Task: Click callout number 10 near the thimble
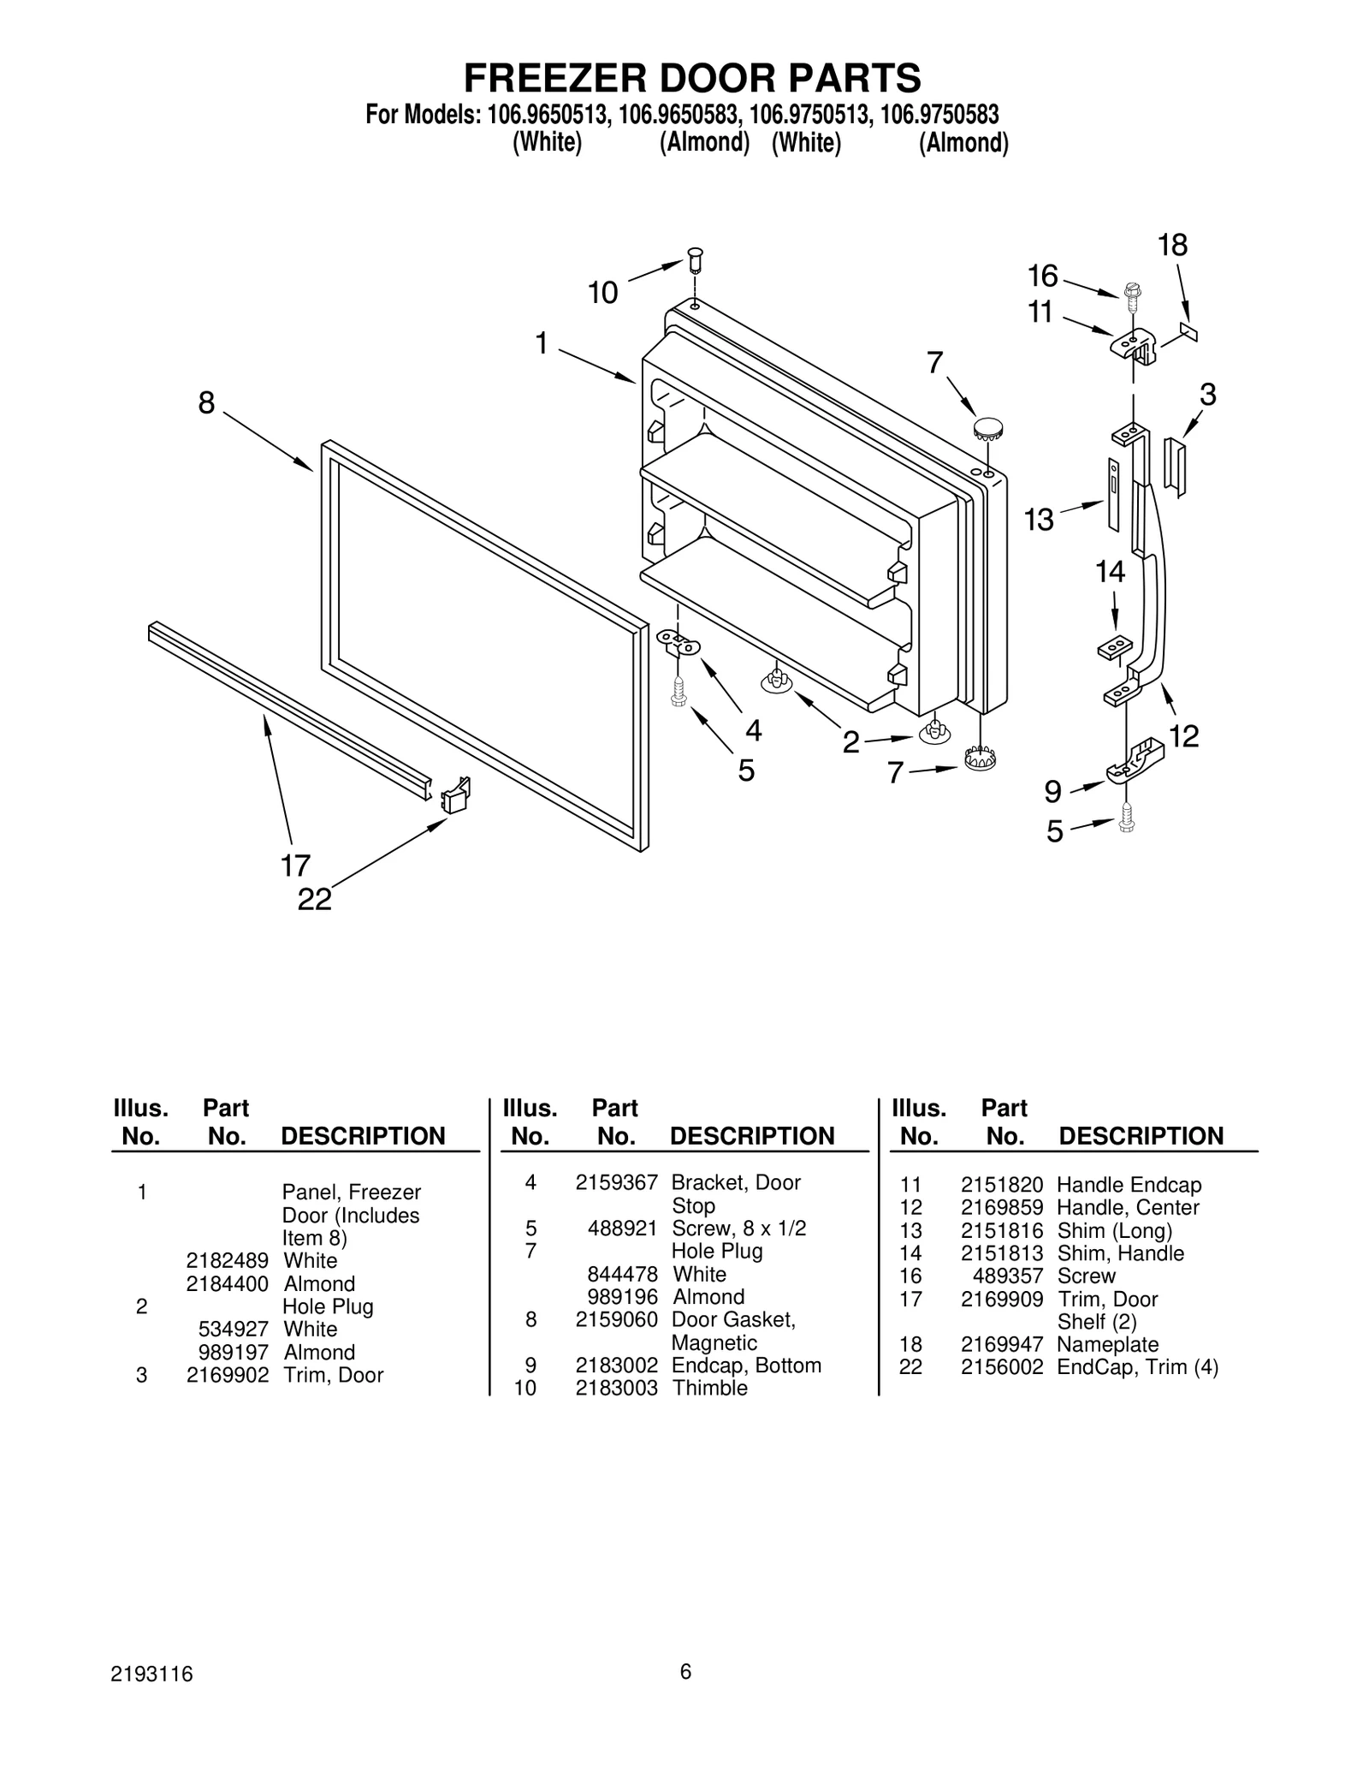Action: [x=602, y=294]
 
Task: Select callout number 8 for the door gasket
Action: [x=206, y=402]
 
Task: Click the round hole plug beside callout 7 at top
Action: [x=987, y=427]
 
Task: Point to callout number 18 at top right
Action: [x=1172, y=246]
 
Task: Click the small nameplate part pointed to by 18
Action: [x=1188, y=332]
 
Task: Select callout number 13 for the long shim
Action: [x=1039, y=520]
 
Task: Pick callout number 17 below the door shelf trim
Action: [x=295, y=866]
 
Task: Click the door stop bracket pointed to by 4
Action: [x=679, y=642]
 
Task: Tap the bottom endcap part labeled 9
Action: [x=1135, y=761]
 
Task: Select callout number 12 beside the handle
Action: [x=1184, y=735]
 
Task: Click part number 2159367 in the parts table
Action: [x=616, y=1182]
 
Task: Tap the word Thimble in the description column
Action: [x=709, y=1388]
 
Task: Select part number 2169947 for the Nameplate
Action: [x=1001, y=1344]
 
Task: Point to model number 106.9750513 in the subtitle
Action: [x=809, y=115]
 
